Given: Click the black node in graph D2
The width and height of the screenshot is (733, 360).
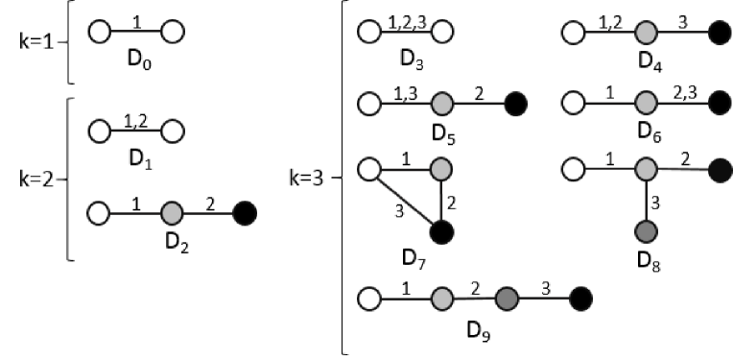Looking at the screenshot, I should tap(244, 210).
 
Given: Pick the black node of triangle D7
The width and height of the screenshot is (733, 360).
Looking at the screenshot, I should tap(441, 231).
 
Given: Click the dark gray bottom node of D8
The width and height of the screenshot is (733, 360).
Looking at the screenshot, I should tap(645, 232).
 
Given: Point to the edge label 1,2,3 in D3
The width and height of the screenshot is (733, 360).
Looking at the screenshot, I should tap(404, 21).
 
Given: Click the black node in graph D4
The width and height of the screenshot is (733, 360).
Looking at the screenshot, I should tap(717, 33).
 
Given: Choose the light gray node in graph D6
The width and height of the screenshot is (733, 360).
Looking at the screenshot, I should tap(645, 102).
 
